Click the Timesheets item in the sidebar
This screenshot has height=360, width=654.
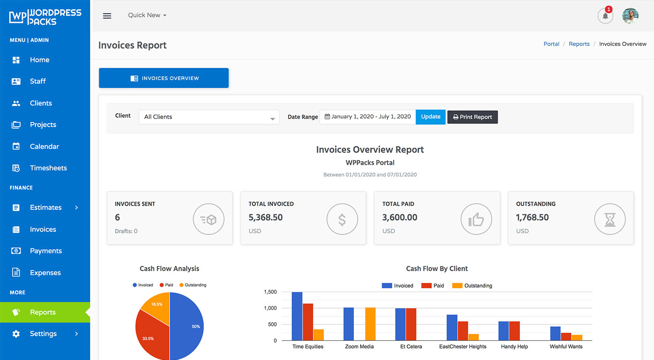(48, 168)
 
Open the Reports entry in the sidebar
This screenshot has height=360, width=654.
(43, 312)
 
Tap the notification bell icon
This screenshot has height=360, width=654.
(605, 16)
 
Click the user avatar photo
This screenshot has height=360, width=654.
(630, 16)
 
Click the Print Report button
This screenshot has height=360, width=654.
(472, 117)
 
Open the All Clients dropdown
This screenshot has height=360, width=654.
(208, 117)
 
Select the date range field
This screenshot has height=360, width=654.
(367, 117)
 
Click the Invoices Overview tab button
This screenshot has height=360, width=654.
(164, 78)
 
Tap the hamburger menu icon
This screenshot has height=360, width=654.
(107, 15)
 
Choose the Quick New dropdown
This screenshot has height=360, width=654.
(147, 15)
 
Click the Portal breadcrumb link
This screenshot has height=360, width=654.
(551, 44)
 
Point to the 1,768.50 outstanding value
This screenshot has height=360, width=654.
(532, 217)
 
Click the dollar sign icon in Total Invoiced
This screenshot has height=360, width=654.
(342, 219)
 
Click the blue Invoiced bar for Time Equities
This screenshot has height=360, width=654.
(297, 316)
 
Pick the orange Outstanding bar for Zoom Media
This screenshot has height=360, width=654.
(370, 324)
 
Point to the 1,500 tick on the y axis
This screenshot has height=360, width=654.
(270, 292)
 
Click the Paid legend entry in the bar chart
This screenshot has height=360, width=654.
(433, 286)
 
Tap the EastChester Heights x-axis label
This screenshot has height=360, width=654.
(463, 346)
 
